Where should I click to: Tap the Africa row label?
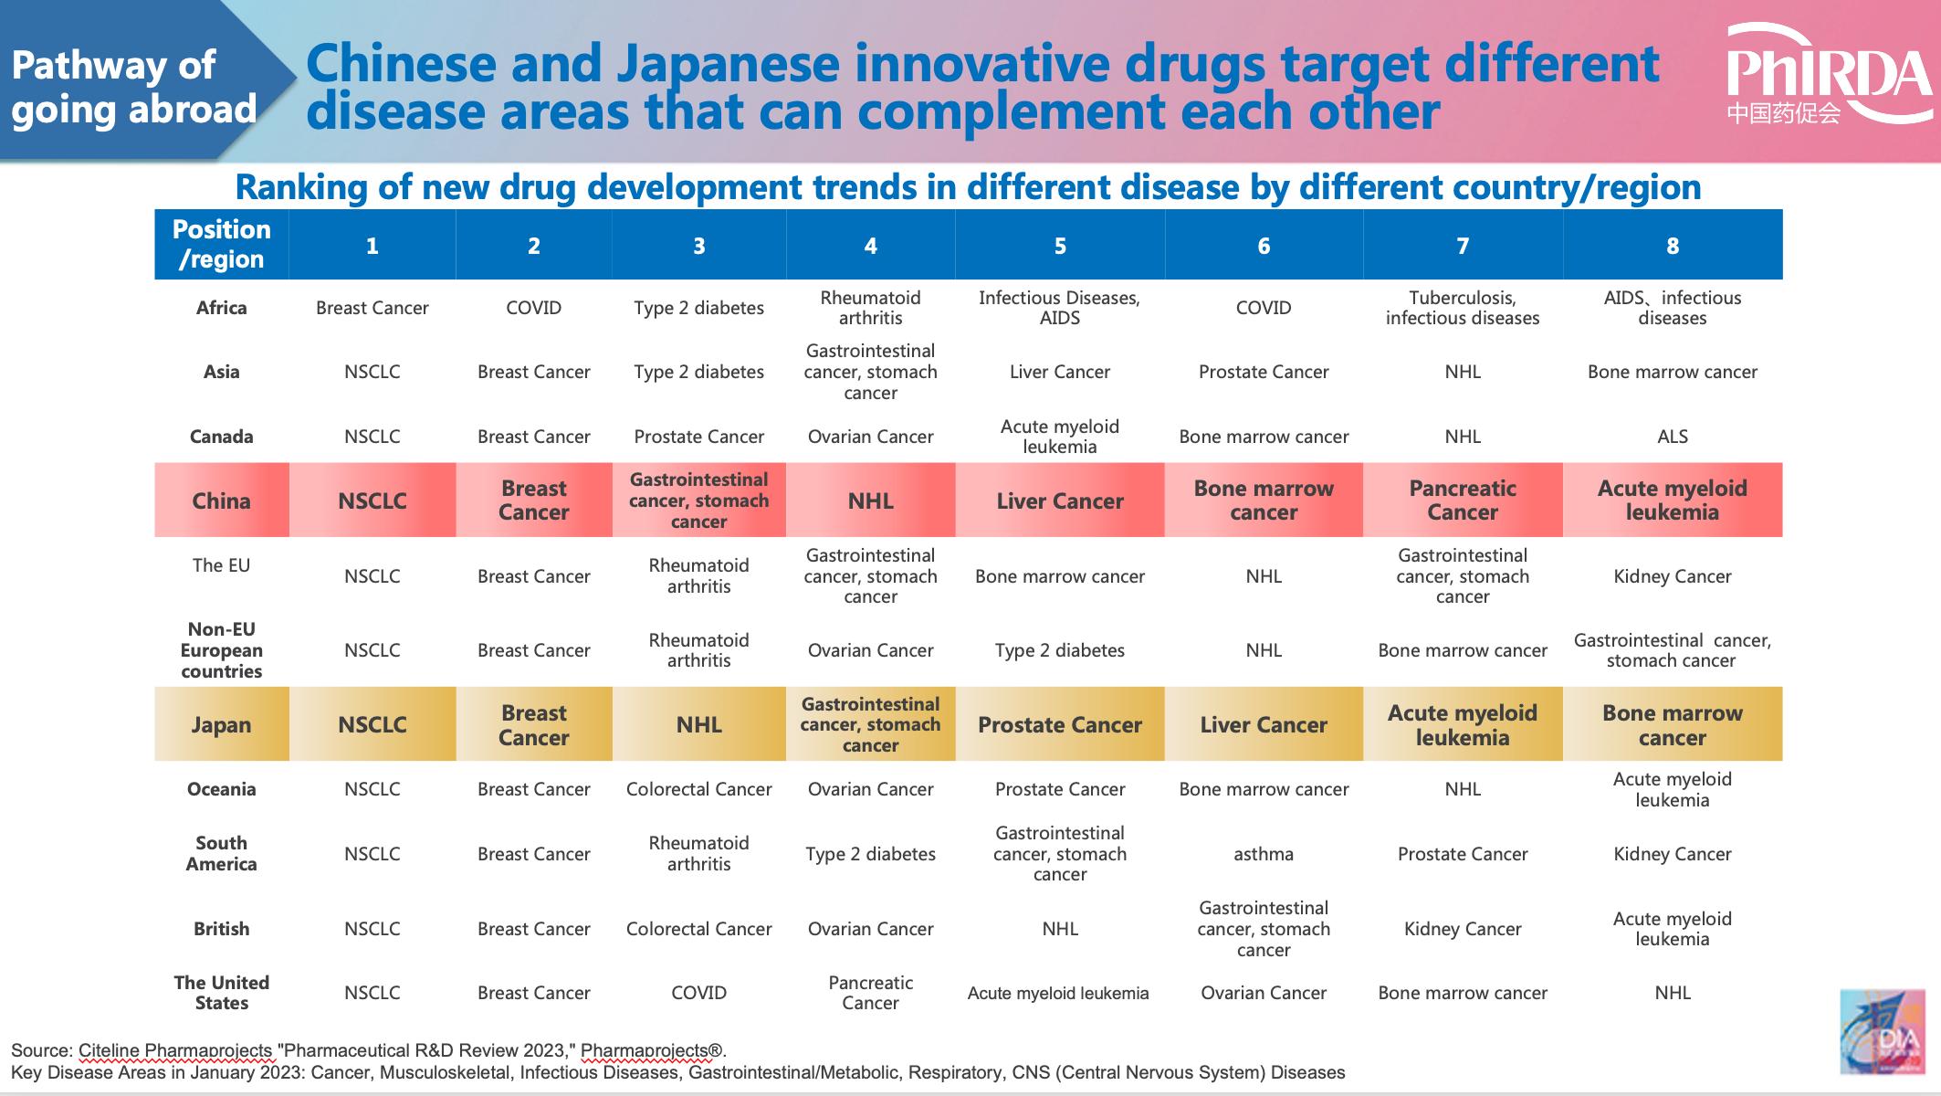point(221,308)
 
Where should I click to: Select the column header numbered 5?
point(1059,246)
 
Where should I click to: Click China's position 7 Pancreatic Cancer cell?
point(1462,501)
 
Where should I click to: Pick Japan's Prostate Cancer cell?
point(1059,725)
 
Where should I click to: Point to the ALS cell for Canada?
point(1672,437)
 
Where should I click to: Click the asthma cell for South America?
point(1263,854)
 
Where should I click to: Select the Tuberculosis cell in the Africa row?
point(1462,308)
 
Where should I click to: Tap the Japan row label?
point(221,725)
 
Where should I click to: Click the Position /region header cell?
point(221,245)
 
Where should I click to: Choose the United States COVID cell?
point(698,993)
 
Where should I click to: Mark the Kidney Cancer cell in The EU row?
point(1672,576)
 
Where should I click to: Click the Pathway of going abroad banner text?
point(133,88)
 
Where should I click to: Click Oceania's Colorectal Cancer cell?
point(698,789)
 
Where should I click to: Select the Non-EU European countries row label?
point(221,650)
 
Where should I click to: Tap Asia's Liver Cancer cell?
point(1059,372)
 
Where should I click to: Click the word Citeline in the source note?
point(110,1050)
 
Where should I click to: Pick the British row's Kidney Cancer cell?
point(1462,929)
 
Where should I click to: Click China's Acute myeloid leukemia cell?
point(1672,501)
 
